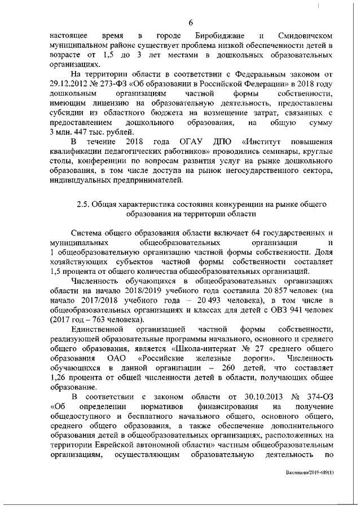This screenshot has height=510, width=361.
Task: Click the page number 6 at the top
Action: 191,23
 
